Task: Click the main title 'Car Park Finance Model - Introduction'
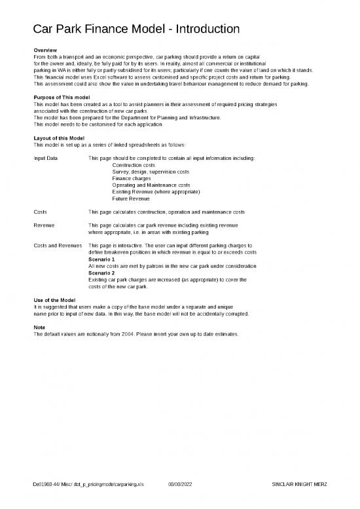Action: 136,29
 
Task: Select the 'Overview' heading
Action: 45,51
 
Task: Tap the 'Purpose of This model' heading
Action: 61,98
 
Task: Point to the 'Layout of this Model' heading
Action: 59,138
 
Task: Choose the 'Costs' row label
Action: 40,212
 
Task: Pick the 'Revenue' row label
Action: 43,225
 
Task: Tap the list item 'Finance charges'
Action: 131,178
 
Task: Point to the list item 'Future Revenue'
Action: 131,198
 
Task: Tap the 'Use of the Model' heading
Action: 54,300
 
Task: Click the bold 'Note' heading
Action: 39,327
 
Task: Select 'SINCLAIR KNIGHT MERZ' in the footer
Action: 298,484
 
